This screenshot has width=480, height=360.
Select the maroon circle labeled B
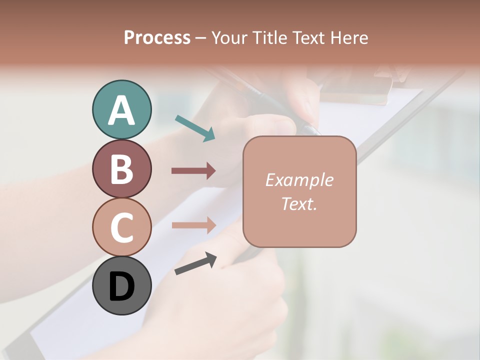click(121, 168)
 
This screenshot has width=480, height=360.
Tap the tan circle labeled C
click(121, 227)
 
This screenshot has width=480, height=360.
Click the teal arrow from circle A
click(195, 127)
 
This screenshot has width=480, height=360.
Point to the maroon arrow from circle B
click(193, 171)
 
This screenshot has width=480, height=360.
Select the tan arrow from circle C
click(193, 225)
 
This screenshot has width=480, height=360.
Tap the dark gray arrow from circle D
click(196, 263)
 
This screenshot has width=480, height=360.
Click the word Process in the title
click(157, 38)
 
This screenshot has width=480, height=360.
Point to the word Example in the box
click(299, 180)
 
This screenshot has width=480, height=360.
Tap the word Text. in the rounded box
click(299, 203)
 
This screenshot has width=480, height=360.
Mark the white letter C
click(121, 227)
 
